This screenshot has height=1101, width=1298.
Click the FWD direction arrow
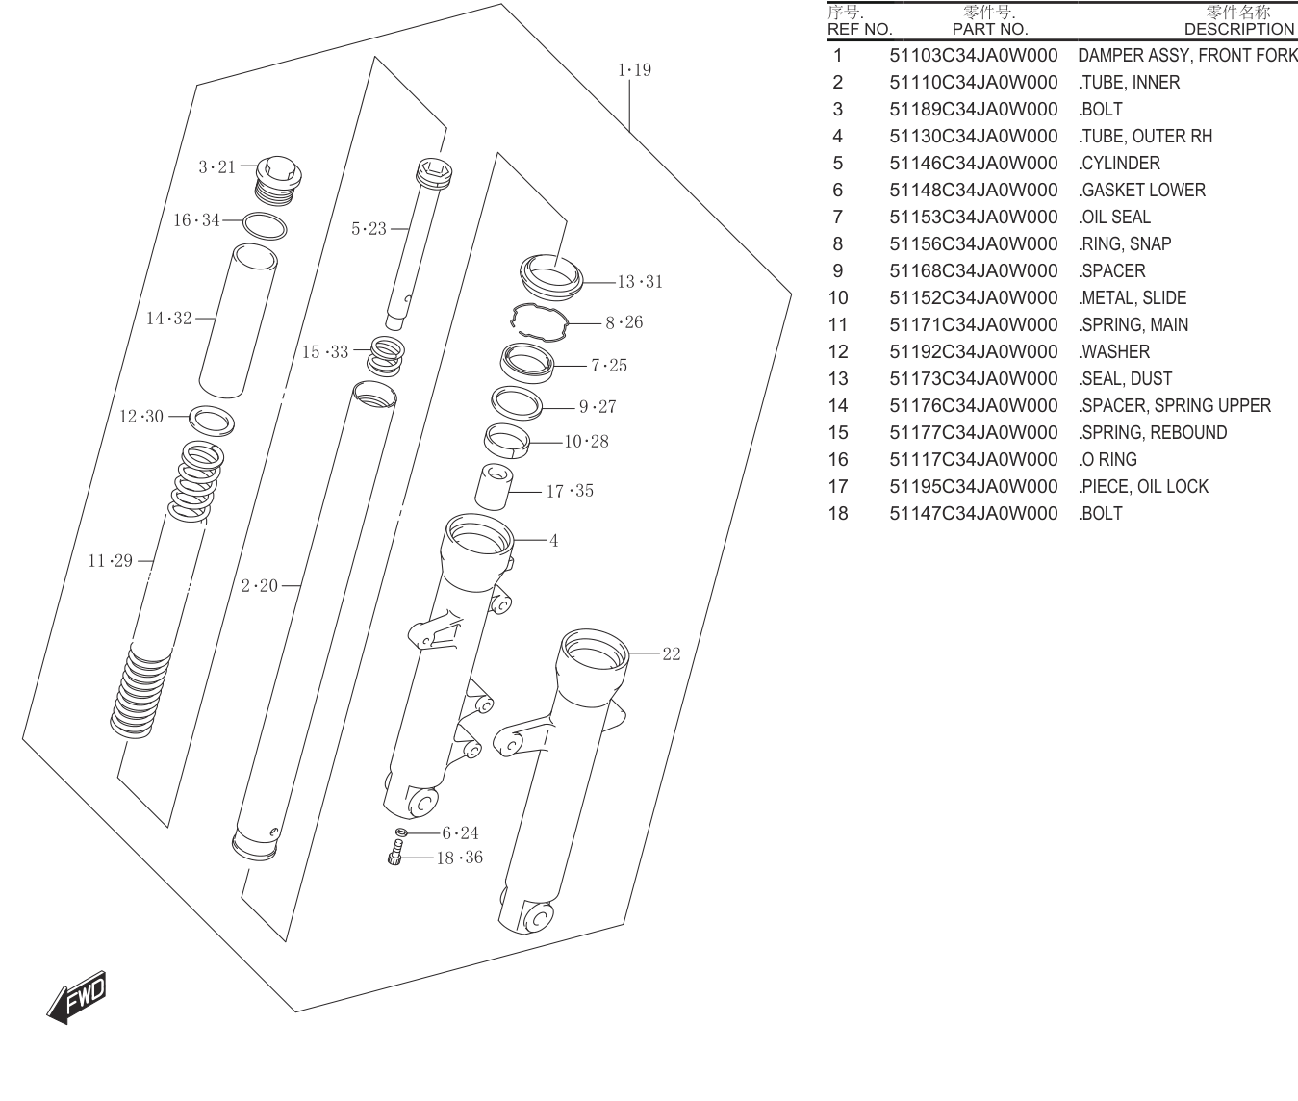coord(77,997)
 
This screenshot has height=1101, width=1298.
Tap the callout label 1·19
coord(634,69)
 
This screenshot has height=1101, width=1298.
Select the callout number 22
coord(672,653)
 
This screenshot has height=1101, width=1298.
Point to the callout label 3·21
coord(216,167)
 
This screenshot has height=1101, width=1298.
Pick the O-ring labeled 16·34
coord(265,225)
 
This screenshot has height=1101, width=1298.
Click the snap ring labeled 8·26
coord(540,321)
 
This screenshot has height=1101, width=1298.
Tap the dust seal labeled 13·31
coord(551,277)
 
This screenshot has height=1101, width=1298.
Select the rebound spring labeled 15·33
coord(386,356)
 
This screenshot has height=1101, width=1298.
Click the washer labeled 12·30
coord(212,421)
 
